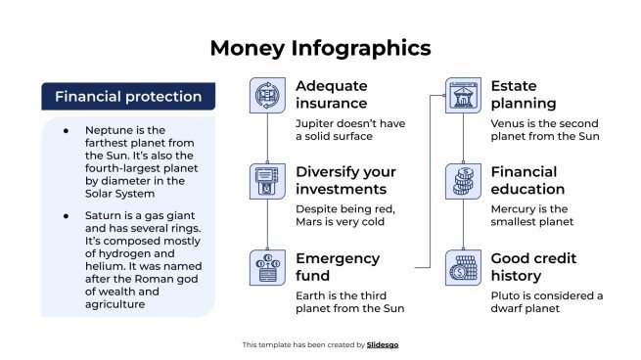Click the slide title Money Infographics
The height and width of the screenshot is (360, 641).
point(320,47)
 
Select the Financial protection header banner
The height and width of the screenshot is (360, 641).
point(128,96)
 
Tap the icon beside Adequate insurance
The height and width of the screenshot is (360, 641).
point(267,96)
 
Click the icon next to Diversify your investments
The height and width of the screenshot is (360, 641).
point(267,182)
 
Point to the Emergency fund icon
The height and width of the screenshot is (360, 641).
point(267,268)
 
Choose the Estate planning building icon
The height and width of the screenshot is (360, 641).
point(464,96)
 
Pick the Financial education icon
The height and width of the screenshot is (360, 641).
point(464,182)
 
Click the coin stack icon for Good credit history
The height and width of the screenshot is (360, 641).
point(464,268)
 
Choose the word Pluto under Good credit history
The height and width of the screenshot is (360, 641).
point(506,295)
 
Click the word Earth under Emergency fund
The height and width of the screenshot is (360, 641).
point(312,295)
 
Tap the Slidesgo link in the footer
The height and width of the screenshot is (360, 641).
point(383,344)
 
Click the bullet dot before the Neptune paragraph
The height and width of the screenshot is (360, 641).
point(66,130)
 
